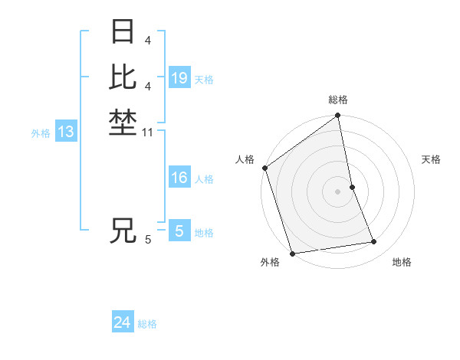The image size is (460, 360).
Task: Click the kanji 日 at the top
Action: [123, 33]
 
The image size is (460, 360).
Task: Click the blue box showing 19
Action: [179, 77]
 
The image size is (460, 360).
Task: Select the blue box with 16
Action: [179, 178]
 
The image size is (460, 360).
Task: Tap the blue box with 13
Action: [66, 132]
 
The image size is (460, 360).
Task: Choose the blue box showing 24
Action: [123, 323]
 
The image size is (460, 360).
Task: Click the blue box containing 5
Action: [179, 231]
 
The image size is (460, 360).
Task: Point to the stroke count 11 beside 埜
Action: [148, 133]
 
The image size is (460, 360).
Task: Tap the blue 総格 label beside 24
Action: [147, 324]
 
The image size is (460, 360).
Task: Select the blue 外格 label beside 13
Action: [41, 133]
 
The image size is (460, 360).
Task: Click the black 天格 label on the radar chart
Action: [431, 159]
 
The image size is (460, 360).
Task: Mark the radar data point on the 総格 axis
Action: [338, 116]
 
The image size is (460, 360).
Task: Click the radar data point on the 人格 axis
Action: [264, 168]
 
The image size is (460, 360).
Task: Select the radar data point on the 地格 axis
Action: [374, 242]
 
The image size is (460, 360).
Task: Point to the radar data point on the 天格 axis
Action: [352, 187]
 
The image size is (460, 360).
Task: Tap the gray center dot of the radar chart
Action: [338, 191]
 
